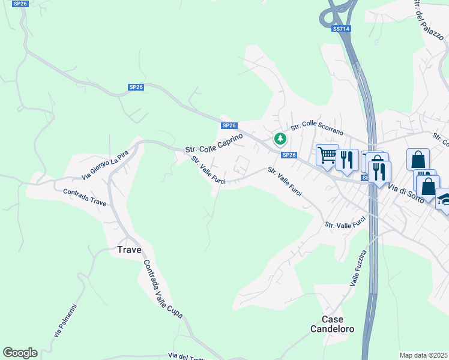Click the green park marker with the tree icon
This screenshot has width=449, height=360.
[x=280, y=139]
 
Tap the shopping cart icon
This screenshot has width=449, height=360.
[x=327, y=156]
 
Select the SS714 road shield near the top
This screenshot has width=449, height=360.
[x=341, y=28]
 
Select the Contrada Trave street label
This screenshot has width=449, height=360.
[x=85, y=197]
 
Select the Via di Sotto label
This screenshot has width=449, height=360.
[x=406, y=194]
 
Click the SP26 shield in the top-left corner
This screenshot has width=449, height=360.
[x=20, y=4]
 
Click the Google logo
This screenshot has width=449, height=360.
[x=20, y=353]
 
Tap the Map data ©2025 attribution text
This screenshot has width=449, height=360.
[x=423, y=355]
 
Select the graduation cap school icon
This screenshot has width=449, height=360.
[x=444, y=199]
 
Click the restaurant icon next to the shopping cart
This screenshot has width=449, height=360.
[x=347, y=160]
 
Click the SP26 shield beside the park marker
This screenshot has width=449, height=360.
[x=289, y=155]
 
